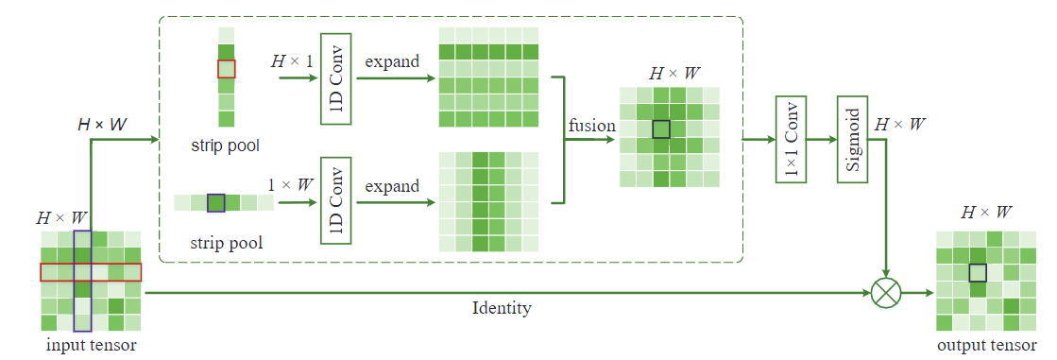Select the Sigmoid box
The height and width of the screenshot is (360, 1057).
pos(851,139)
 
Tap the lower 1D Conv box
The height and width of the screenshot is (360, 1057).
pos(336,202)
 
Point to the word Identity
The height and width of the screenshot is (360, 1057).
pos(502,308)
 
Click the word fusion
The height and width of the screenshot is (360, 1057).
pos(592,125)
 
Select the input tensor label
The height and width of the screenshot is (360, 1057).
pos(91,344)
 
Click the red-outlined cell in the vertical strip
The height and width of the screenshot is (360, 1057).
pos(226,69)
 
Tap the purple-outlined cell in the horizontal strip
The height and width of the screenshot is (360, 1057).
pos(215,202)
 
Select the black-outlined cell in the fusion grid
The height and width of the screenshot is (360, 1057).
pos(661,129)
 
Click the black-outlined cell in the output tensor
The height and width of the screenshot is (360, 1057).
pos(978,272)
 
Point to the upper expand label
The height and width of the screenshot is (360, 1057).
pos(393,61)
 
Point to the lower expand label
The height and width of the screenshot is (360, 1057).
pos(393,185)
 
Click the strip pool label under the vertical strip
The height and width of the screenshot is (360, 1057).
pos(225,146)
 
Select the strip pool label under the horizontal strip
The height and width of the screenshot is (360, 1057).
pos(225,243)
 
